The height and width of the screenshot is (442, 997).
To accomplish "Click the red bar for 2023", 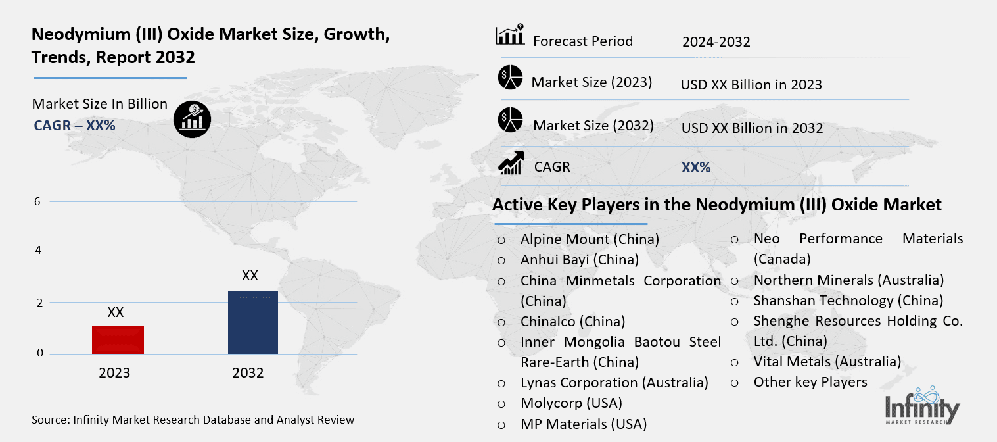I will (118, 339).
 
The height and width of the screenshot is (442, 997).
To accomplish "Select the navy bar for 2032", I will (252, 322).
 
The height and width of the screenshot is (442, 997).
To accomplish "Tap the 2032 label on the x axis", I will (248, 373).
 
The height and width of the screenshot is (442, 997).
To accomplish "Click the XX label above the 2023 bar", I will (116, 312).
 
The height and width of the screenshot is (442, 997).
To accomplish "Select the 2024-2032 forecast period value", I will (716, 42).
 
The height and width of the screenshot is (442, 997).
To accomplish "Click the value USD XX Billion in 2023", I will (751, 85).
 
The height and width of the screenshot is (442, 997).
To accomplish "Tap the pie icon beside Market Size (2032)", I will (510, 120).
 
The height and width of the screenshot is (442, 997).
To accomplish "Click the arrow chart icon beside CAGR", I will (511, 164).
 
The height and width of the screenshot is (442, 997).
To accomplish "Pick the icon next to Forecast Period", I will (510, 35).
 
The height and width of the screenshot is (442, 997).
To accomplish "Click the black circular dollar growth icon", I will (192, 119).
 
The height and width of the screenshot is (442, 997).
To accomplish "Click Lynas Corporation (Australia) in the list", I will (614, 383).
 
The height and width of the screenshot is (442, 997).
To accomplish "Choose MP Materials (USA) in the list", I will (583, 424).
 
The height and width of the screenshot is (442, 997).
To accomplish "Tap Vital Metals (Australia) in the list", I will (827, 362).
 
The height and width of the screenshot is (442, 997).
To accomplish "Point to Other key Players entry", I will (810, 382).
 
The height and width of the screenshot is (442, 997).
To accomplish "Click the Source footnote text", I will (193, 420).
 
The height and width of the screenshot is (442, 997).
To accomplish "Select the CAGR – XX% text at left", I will (74, 125).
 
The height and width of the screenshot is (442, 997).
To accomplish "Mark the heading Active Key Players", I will (716, 205).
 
